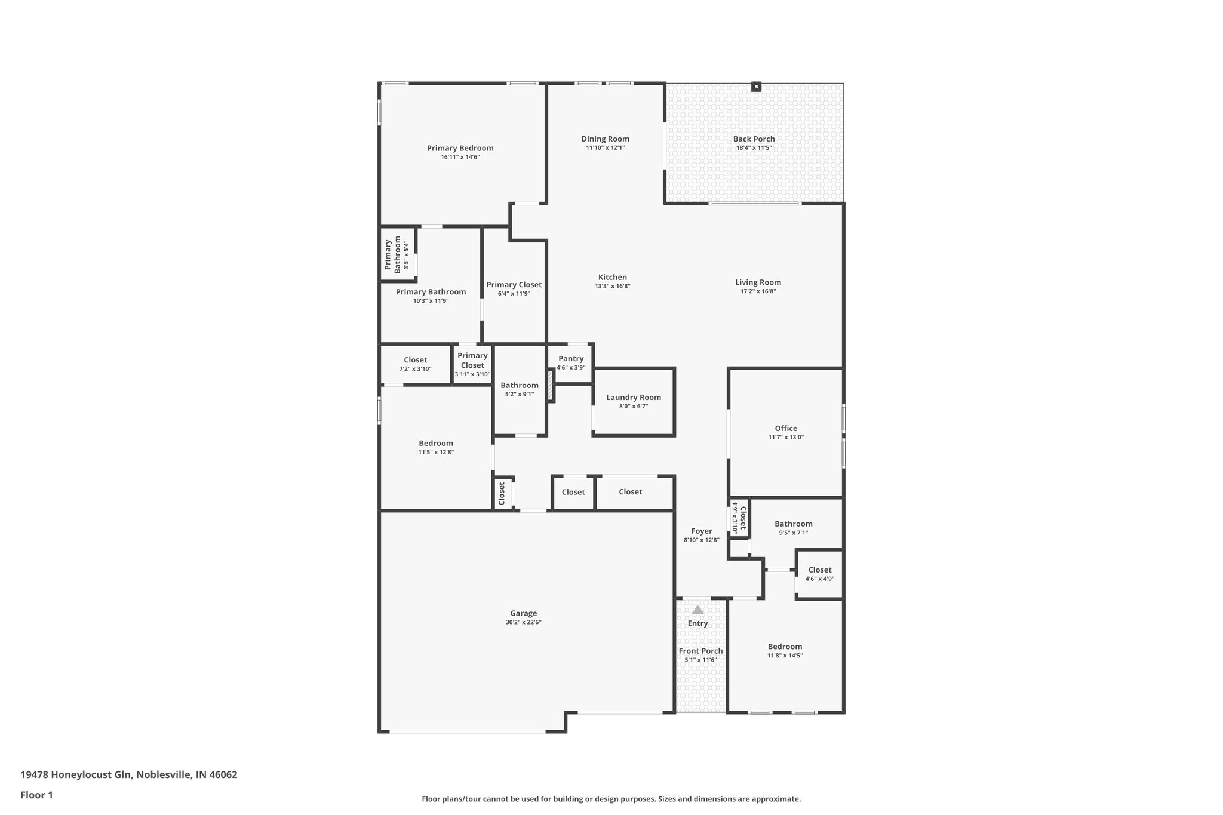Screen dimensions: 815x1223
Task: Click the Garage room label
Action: click(x=523, y=613)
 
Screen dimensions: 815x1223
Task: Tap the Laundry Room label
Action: click(x=633, y=398)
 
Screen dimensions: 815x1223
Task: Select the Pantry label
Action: click(x=571, y=359)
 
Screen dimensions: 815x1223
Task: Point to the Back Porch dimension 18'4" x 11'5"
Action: click(x=754, y=148)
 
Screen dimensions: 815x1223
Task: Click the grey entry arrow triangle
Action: click(x=697, y=610)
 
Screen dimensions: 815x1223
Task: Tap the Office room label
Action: click(x=785, y=428)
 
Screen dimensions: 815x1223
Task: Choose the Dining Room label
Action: click(x=605, y=139)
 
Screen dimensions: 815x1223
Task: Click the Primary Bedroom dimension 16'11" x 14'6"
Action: click(x=460, y=158)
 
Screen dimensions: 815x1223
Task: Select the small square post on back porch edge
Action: click(x=756, y=87)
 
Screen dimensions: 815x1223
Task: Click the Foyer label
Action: click(x=701, y=531)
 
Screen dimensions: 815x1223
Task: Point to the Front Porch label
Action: click(x=700, y=651)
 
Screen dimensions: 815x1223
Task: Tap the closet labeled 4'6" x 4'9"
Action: click(x=819, y=574)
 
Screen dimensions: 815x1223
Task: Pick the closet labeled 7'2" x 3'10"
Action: click(x=415, y=364)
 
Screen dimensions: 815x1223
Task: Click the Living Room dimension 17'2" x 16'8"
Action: click(x=758, y=291)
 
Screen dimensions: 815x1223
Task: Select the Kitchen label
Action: click(x=612, y=277)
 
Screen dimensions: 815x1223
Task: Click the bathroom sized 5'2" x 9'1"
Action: click(x=519, y=389)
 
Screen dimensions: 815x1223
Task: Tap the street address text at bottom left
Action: click(x=129, y=775)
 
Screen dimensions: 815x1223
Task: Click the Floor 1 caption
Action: click(x=37, y=795)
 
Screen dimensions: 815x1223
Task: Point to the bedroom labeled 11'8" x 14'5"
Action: click(x=785, y=651)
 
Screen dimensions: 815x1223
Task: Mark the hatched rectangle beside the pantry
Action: click(x=550, y=385)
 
